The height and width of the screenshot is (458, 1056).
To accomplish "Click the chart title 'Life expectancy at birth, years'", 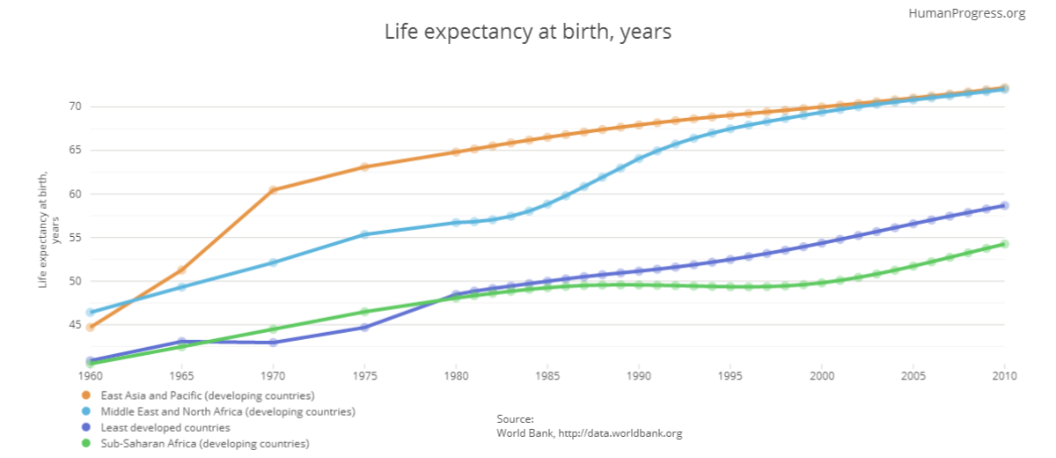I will (x=528, y=33).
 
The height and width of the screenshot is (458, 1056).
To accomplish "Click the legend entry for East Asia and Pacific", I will (x=208, y=395).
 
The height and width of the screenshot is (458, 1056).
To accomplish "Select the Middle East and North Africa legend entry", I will (x=228, y=411).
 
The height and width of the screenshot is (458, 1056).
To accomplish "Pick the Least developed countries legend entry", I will (x=165, y=428).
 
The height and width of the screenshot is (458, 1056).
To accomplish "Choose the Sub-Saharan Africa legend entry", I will (x=205, y=444).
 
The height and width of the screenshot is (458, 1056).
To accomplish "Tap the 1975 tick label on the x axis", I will (x=364, y=376).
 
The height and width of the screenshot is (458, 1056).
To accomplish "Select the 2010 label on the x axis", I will (x=1004, y=376).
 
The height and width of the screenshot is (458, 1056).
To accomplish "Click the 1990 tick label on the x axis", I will (x=639, y=376).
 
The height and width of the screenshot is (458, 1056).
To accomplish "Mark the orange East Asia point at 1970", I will (x=274, y=190).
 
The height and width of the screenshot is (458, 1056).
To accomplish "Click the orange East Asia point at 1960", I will (x=90, y=328).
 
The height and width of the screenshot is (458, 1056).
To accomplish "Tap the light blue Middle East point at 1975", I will (x=364, y=235).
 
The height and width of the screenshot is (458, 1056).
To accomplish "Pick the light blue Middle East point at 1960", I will (x=90, y=312).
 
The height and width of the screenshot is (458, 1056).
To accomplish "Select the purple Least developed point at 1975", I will (x=364, y=328).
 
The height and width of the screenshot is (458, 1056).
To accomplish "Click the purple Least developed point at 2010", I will (x=1004, y=205).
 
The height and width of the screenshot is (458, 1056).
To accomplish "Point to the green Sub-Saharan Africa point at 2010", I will (x=1004, y=244).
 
